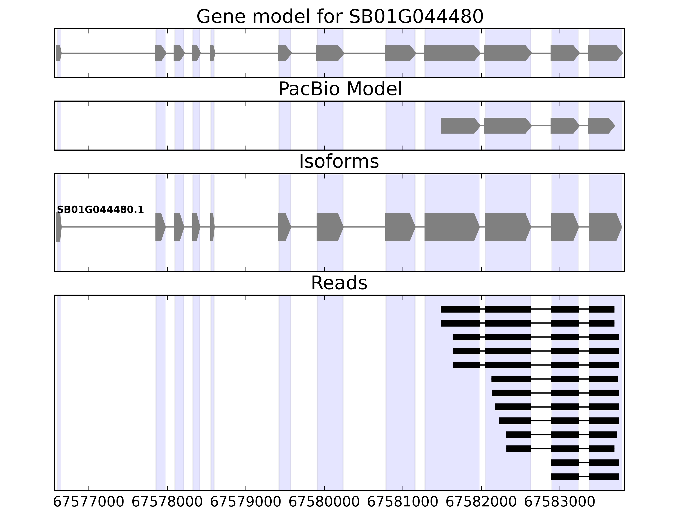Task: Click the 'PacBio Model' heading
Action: point(340,89)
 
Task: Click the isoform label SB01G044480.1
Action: point(100,210)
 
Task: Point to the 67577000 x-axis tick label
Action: point(89,502)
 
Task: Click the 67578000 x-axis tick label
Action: point(167,502)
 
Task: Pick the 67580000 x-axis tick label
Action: point(324,502)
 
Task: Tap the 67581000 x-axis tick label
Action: point(403,502)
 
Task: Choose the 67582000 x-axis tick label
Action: point(481,502)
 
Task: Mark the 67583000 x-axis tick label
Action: point(560,502)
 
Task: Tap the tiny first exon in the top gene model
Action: point(59,53)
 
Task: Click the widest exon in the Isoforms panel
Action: point(451,227)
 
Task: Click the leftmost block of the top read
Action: point(460,309)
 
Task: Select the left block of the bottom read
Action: point(565,477)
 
